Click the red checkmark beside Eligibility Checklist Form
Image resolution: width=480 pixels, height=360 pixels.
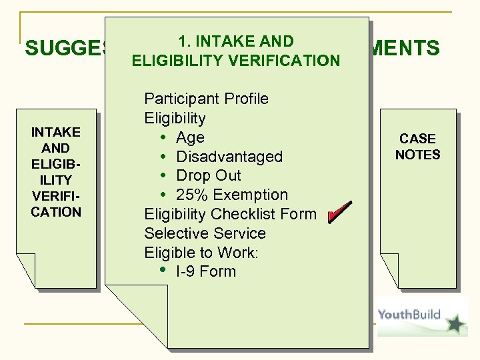(x=339, y=213)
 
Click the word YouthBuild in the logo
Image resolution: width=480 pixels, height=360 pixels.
(x=409, y=315)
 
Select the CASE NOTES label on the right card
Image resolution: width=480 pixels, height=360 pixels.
(x=418, y=147)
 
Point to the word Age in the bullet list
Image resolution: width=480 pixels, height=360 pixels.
(x=190, y=137)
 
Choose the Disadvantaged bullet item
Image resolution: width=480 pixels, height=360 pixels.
(x=229, y=157)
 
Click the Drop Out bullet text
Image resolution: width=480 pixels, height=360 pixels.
(x=209, y=175)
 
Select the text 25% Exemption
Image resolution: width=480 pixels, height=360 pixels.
(x=232, y=195)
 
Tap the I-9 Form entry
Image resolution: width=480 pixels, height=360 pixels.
(x=206, y=271)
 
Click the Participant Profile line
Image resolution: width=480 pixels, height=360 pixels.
(x=206, y=99)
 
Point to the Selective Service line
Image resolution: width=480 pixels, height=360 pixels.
(x=205, y=233)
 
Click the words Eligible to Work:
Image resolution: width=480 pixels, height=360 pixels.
(x=201, y=253)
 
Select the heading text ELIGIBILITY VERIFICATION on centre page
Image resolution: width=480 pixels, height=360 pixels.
(x=236, y=61)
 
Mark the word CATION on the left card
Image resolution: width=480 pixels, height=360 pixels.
(x=56, y=212)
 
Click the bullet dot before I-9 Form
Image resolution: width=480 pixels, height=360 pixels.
(x=163, y=271)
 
